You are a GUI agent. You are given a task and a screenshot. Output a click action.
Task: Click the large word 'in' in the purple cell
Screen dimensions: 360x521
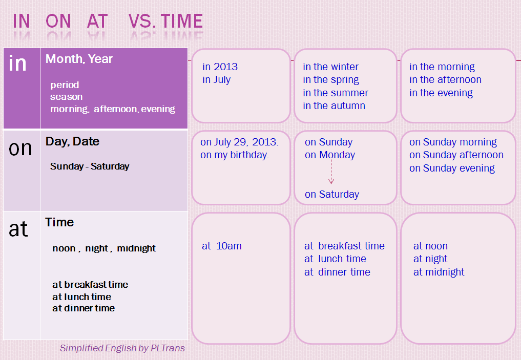tap(18, 63)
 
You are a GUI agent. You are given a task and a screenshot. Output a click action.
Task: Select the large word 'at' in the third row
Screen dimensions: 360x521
tap(18, 229)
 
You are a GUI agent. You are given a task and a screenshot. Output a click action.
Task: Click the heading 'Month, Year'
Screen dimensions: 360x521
tap(79, 59)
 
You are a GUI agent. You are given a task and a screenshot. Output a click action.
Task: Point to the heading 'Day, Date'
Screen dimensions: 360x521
tap(72, 141)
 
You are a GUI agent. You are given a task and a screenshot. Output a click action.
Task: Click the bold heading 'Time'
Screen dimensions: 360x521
tap(59, 222)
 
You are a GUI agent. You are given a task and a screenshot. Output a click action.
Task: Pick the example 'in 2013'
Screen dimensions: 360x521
tap(220, 67)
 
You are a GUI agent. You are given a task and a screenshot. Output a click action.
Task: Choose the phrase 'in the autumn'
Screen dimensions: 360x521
tap(334, 106)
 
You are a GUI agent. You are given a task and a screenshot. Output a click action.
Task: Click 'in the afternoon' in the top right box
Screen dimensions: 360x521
tap(445, 80)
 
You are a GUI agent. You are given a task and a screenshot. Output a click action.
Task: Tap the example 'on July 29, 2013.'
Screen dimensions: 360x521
tap(239, 142)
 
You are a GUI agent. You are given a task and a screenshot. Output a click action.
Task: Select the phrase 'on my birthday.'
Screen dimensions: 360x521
tap(235, 155)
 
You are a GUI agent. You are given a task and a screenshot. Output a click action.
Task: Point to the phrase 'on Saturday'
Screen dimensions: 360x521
tap(332, 195)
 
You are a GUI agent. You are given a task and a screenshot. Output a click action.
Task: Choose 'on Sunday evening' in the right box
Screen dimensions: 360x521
tap(452, 168)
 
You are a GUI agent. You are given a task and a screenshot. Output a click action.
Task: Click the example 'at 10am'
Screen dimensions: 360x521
tap(222, 246)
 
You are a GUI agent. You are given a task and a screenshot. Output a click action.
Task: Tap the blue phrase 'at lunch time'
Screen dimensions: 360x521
tap(335, 259)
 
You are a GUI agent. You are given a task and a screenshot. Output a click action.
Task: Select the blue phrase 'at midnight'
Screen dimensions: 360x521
tap(439, 272)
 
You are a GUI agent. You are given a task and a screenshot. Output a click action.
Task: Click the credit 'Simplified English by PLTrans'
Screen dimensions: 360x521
tap(122, 348)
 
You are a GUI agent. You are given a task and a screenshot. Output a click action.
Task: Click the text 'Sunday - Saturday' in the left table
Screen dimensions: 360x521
tap(90, 166)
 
